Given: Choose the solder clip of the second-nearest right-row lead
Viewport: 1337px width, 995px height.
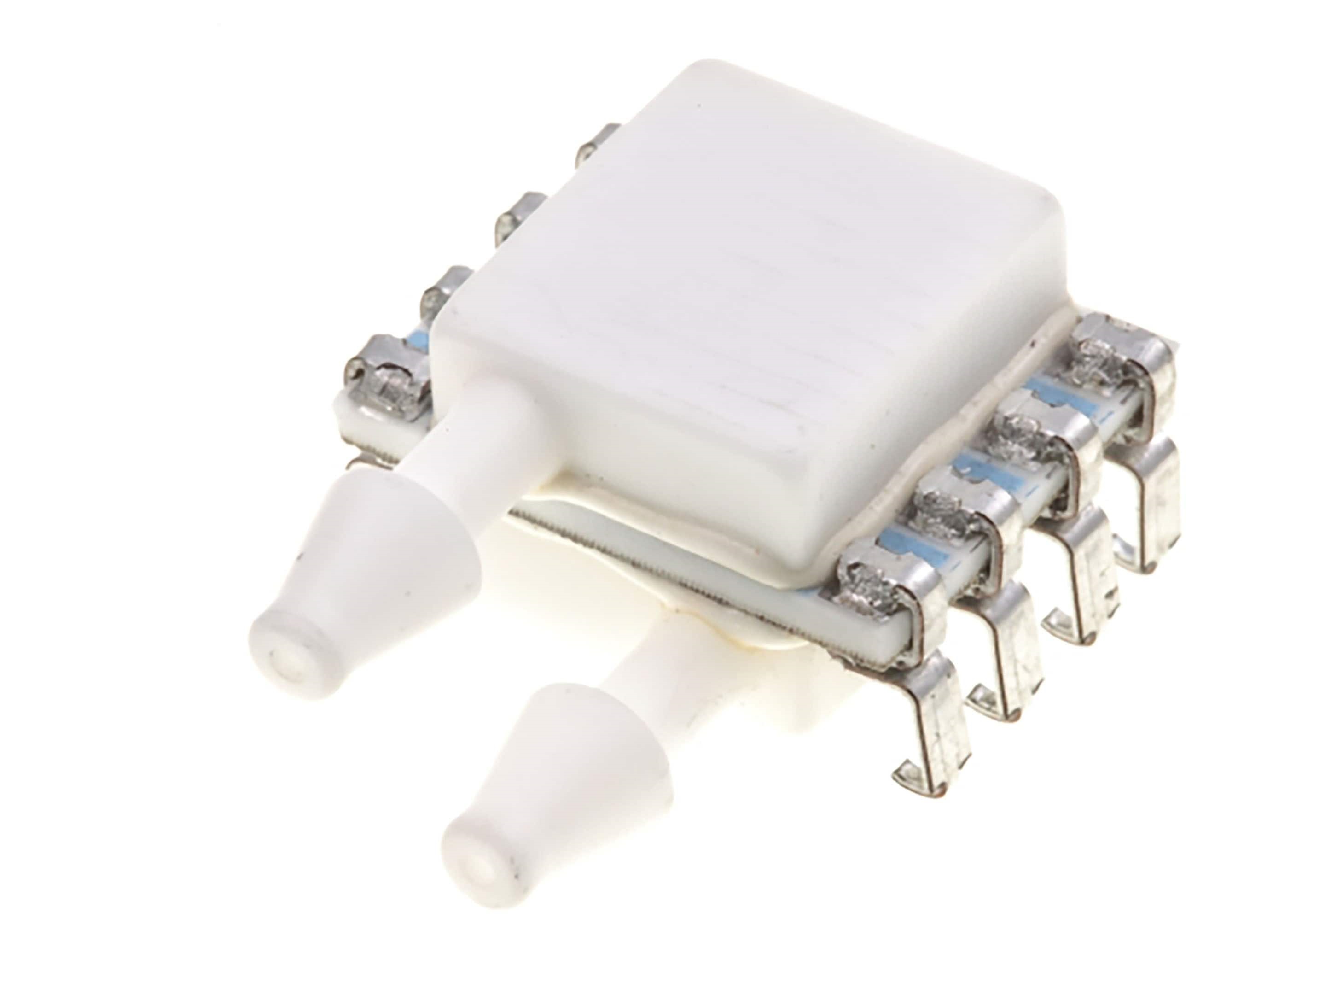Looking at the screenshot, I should pyautogui.click(x=957, y=500).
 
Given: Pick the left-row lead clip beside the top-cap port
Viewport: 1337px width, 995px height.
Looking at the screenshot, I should pyautogui.click(x=385, y=376).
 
